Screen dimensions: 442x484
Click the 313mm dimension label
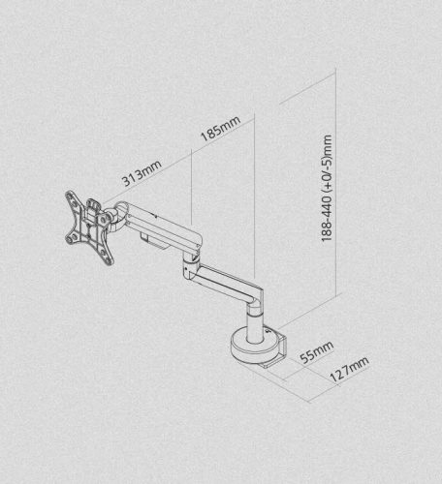click(x=142, y=173)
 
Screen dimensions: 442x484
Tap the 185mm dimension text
click(x=221, y=129)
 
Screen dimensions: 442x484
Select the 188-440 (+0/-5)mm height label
click(x=327, y=188)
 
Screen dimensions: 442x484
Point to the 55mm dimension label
click(x=317, y=352)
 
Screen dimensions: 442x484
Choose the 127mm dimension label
click(x=349, y=370)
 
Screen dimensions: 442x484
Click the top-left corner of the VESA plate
click(x=68, y=194)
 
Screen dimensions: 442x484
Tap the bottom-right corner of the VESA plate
click(x=110, y=262)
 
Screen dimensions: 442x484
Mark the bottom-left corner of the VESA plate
click(x=69, y=241)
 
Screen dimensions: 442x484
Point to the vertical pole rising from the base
click(x=255, y=325)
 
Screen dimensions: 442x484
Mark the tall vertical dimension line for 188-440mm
click(x=336, y=182)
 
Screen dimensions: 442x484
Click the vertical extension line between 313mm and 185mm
click(x=192, y=187)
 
